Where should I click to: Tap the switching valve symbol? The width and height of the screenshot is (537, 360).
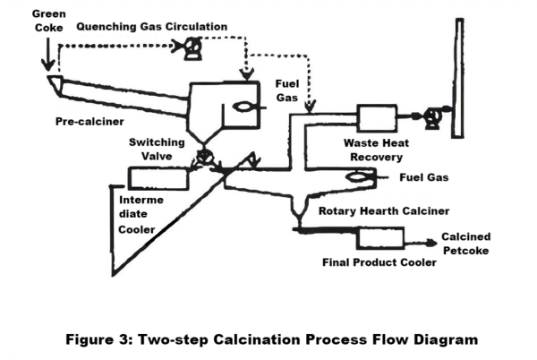click(206, 158)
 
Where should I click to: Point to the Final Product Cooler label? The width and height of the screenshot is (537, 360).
click(379, 263)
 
